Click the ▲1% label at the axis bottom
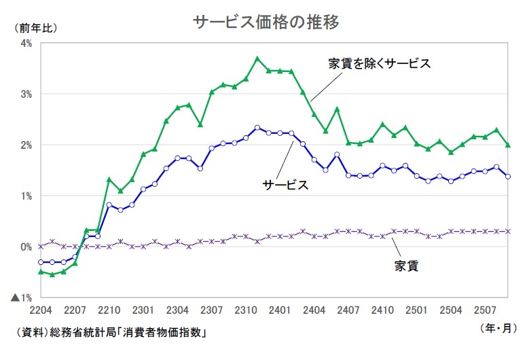click(22, 298)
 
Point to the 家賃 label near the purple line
click(406, 265)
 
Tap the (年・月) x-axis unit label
click(498, 327)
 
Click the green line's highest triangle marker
click(257, 58)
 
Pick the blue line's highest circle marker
click(257, 127)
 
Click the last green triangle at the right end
click(508, 145)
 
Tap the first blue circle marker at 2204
click(41, 262)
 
